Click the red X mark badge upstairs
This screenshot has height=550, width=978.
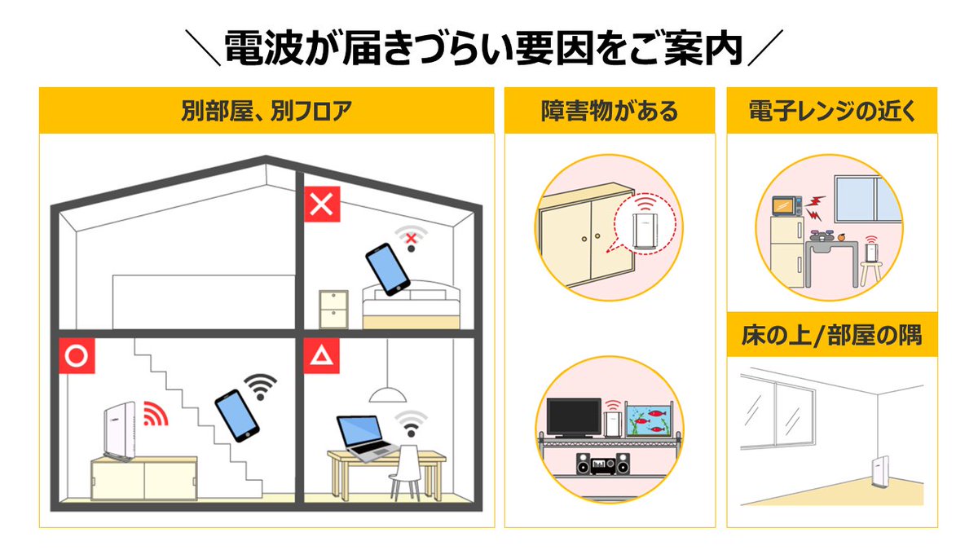click(x=322, y=204)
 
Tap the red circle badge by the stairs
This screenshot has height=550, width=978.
click(x=77, y=356)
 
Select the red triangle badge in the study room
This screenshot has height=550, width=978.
click(x=322, y=356)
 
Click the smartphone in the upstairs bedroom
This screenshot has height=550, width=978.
click(x=387, y=269)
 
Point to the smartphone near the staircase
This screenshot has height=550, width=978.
click(x=236, y=416)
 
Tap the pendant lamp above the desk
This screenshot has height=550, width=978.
click(x=388, y=395)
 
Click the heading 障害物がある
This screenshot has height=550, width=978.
click(x=609, y=111)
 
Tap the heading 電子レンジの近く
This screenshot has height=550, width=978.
click(x=831, y=111)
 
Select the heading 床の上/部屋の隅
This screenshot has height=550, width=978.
click(x=831, y=334)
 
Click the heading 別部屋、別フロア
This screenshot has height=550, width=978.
click(x=267, y=111)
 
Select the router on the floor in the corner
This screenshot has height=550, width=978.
click(x=878, y=475)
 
